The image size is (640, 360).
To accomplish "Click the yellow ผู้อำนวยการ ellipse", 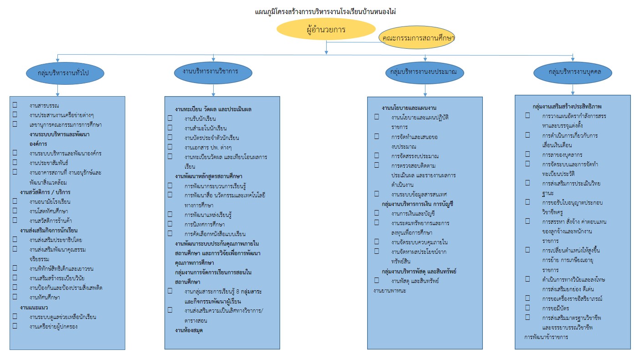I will [326, 30].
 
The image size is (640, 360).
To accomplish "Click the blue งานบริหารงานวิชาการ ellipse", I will [213, 72].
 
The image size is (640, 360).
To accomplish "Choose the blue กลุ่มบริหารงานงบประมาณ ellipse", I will [425, 72].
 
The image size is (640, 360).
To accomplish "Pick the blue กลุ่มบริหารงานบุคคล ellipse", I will [573, 72].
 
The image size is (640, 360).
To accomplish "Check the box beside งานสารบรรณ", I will [15, 105].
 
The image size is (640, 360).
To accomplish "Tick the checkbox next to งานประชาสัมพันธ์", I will [15, 162].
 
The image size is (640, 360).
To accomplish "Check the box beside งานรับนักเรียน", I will [170, 118].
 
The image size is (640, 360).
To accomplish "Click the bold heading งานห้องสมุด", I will [189, 330].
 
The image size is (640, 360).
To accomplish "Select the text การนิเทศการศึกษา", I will [205, 224].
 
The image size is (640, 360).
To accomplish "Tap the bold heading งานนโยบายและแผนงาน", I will [409, 108].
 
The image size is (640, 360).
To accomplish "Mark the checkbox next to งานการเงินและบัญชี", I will [377, 213].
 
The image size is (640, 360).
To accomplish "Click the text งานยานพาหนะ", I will [390, 290].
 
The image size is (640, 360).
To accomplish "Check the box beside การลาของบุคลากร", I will [527, 154].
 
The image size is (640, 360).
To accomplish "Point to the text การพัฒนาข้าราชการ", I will [546, 338].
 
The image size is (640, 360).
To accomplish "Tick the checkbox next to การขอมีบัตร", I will [527, 308].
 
